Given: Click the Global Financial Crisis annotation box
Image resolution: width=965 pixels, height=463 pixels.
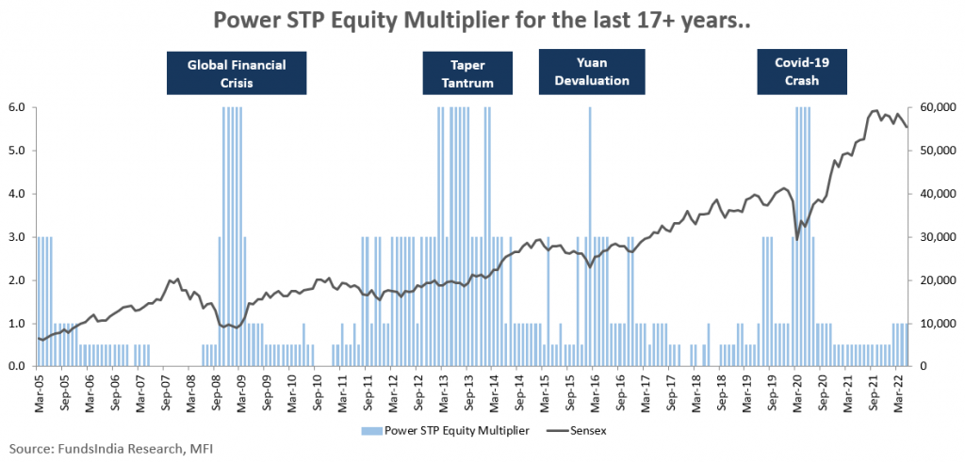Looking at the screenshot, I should [237, 73].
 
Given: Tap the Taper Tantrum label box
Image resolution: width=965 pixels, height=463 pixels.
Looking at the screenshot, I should [468, 73].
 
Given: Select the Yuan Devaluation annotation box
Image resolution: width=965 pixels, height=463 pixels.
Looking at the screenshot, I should [591, 72].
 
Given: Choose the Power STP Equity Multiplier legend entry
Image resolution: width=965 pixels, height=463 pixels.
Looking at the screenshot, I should [442, 429].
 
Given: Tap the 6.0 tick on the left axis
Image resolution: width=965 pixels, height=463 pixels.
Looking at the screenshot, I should [18, 107].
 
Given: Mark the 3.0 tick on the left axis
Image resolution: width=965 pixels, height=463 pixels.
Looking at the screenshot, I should [18, 237].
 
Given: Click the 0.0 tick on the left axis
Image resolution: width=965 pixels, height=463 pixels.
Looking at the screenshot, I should [18, 367].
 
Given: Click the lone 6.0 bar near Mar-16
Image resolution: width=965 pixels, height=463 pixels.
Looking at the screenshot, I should [590, 235].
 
